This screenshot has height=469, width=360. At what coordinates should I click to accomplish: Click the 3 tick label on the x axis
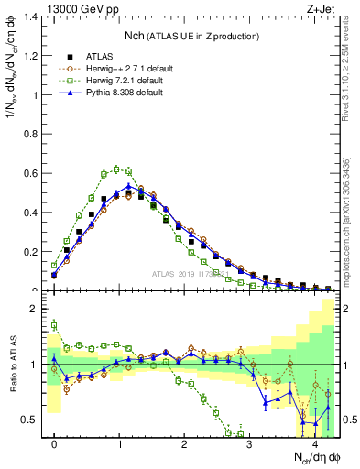click(x=249, y=442)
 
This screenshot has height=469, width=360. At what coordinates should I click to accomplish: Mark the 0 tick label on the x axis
click(x=54, y=442)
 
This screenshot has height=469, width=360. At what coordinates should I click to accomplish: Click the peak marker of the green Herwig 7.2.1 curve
click(x=116, y=169)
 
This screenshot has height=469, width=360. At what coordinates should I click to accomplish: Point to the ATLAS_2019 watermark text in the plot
click(x=193, y=273)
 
